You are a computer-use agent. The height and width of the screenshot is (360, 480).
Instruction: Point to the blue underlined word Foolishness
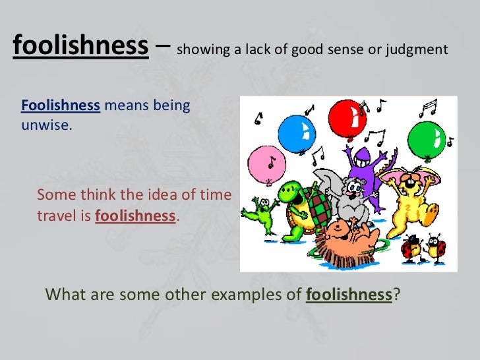61,105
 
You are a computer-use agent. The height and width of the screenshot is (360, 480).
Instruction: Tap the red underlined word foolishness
136,215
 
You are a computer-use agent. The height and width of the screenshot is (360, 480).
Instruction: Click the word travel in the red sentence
57,215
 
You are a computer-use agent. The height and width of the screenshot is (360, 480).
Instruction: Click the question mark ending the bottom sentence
396,294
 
